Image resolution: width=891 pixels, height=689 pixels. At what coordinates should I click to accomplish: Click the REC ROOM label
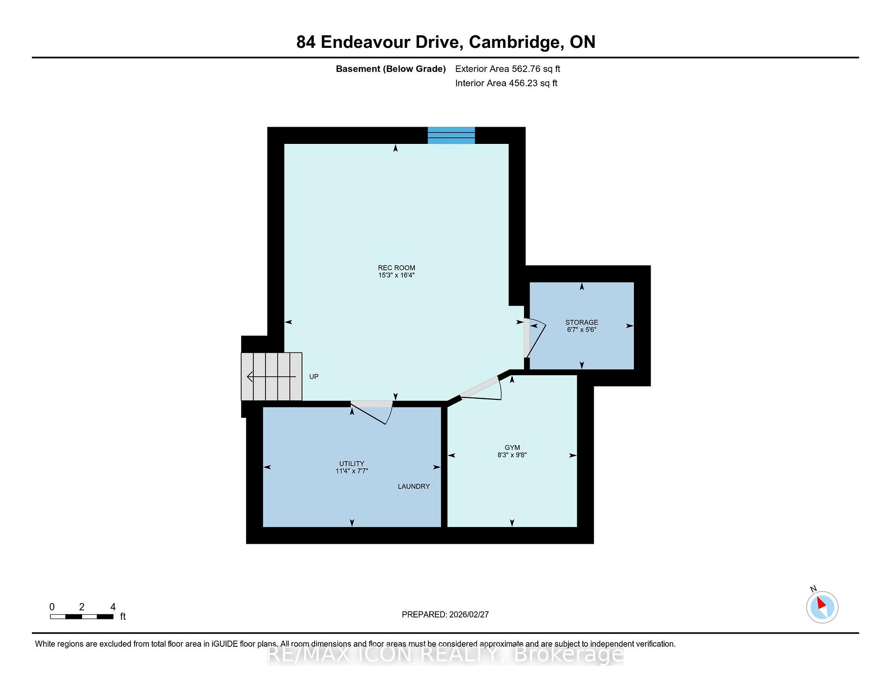(396, 267)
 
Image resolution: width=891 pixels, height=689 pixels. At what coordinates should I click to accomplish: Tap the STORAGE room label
(581, 322)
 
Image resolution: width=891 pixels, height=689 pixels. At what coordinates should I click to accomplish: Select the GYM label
(512, 448)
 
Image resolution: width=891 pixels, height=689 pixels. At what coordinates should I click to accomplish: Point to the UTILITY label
(352, 463)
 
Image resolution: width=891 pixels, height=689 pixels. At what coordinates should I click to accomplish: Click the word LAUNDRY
(414, 486)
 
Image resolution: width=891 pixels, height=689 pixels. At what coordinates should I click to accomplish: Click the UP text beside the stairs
(314, 377)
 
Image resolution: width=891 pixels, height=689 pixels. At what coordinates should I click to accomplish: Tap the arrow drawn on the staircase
(271, 377)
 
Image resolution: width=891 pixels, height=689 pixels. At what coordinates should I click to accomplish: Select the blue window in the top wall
(451, 135)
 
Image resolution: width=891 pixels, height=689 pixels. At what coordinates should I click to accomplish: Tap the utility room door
(372, 412)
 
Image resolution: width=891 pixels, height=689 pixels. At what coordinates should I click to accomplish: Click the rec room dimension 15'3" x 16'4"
(396, 275)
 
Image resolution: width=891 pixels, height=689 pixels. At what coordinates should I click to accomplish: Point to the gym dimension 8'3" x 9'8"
(512, 455)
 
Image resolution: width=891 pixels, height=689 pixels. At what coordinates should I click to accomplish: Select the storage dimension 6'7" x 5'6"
(581, 330)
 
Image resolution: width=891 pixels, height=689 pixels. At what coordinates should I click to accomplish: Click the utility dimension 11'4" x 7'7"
(352, 471)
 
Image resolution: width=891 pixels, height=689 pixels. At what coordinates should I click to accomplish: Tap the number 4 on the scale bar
(113, 607)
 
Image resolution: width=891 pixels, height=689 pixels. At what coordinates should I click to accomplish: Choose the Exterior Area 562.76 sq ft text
(508, 69)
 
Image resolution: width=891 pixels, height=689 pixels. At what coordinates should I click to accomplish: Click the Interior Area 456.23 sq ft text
(506, 83)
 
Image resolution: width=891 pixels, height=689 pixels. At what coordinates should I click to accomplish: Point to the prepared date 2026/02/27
(469, 614)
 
